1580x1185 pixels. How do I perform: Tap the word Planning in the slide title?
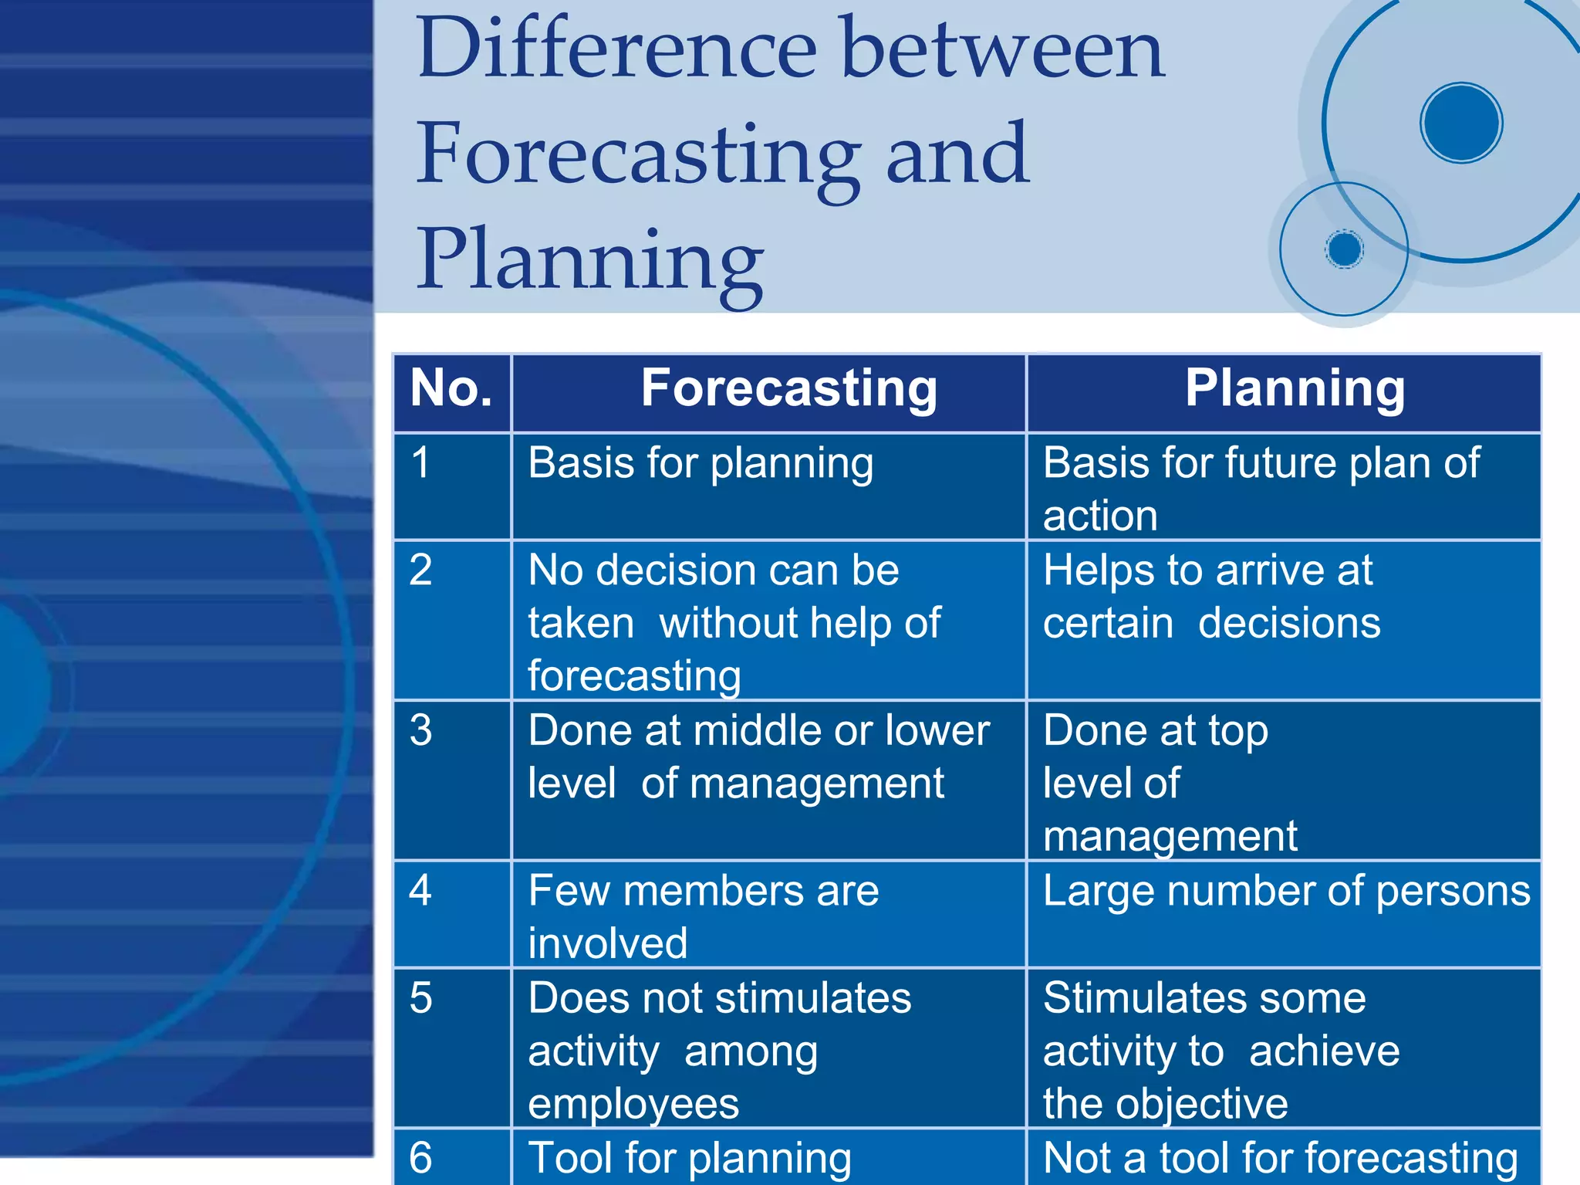point(590,260)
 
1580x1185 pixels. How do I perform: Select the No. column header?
point(451,388)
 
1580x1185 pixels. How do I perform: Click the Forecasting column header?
point(788,388)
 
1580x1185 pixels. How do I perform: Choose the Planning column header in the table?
point(1295,388)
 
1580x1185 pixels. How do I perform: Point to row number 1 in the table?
point(420,463)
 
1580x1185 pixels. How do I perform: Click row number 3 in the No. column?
point(420,730)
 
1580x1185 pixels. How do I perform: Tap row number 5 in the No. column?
point(420,998)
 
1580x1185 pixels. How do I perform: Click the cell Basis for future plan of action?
point(1261,488)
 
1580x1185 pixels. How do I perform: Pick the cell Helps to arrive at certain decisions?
point(1211,597)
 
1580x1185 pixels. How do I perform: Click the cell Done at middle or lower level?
point(758,757)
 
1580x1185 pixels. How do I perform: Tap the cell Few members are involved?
point(703,916)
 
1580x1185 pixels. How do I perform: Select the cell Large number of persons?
point(1286,892)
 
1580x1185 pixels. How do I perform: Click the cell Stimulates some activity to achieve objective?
point(1220,1050)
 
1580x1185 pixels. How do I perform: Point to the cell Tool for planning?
point(690,1159)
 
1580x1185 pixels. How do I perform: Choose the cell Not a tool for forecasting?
point(1280,1159)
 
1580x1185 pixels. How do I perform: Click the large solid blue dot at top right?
point(1460,123)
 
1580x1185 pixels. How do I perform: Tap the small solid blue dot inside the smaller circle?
point(1345,249)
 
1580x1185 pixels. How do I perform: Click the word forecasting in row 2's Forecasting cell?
point(634,676)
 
